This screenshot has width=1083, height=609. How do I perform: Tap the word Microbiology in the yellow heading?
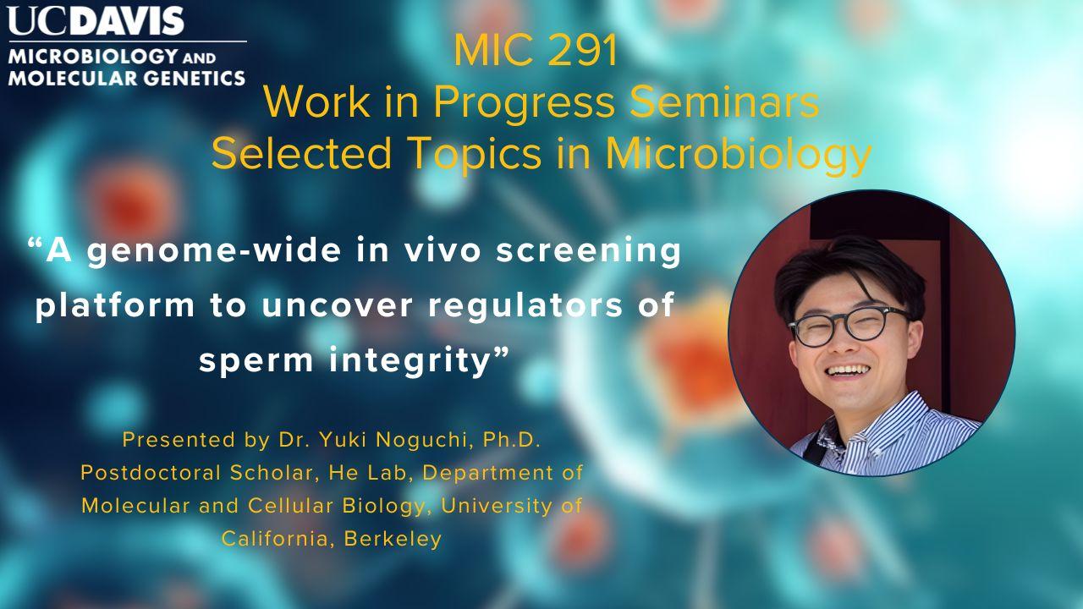point(739,154)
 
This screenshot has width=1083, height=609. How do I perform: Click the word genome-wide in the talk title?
point(214,252)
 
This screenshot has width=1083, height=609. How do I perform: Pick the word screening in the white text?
point(588,252)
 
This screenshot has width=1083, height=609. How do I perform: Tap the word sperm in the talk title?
point(256,361)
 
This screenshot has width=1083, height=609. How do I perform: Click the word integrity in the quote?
point(410,360)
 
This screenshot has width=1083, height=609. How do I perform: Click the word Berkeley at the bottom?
point(393,539)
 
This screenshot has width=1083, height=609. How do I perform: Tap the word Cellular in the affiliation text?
point(290,506)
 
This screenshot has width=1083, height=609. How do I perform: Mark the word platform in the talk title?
point(114,306)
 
